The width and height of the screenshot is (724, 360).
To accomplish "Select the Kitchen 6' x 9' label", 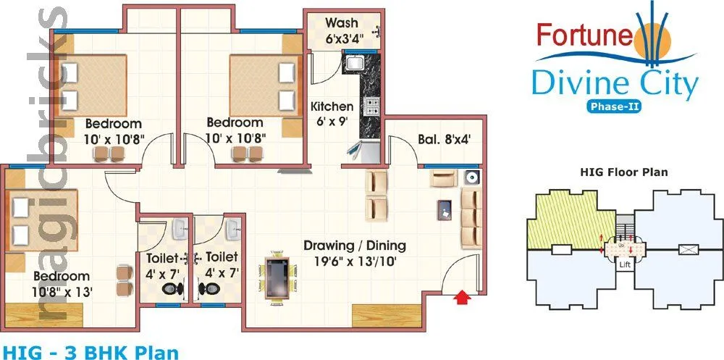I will click(332, 114).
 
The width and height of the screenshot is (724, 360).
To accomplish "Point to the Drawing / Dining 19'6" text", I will click(355, 252).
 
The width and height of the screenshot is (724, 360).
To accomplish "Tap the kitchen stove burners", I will click(373, 107).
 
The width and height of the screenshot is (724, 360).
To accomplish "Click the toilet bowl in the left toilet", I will click(172, 288).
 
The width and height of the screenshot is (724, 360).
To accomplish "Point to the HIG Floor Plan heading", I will click(624, 172).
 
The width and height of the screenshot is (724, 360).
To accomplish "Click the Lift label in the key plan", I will click(625, 266).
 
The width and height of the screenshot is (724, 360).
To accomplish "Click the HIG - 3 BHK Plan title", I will click(89, 352).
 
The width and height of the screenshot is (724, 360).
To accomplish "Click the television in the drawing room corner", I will click(472, 177).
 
